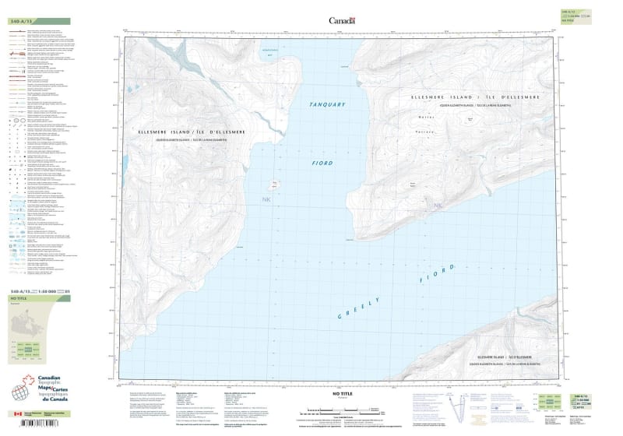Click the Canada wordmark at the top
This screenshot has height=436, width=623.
pos(342,21)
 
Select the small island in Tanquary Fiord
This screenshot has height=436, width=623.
pos(275,186)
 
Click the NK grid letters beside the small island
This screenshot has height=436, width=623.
pos(268,199)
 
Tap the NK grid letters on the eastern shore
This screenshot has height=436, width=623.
pos(437,206)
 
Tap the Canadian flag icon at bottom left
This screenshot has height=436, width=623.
pos(17,414)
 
